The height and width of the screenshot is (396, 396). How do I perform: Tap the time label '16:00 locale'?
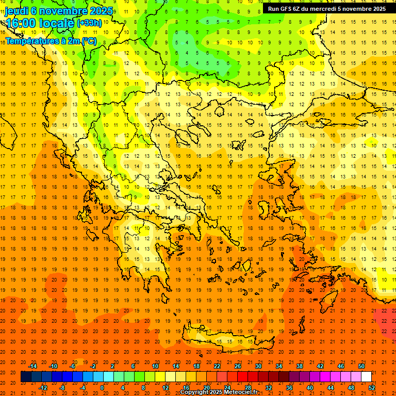click(40, 23)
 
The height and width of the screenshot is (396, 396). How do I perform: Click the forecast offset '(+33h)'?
click(89, 23)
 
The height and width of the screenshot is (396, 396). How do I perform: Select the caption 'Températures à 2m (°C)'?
click(51, 41)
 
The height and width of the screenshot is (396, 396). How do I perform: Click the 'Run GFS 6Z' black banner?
click(326, 9)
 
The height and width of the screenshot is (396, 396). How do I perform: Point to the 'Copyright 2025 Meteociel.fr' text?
click(219, 392)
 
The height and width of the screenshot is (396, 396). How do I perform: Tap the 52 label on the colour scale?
click(372, 388)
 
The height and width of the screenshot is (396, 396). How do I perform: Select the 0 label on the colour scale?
click(102, 388)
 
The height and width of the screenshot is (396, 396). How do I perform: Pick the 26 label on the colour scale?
click(238, 366)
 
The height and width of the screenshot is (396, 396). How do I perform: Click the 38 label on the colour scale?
click(300, 366)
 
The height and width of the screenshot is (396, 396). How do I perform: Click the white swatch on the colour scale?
click(366, 377)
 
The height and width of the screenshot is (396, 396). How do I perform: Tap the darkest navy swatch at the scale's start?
click(26, 377)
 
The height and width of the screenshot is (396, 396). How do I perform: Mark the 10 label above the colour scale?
click(155, 366)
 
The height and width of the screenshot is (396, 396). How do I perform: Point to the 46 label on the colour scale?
click(341, 366)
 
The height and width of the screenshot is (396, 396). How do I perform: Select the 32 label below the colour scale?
click(269, 388)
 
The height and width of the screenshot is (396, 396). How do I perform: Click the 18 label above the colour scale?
click(196, 366)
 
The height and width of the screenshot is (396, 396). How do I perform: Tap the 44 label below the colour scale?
click(331, 388)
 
